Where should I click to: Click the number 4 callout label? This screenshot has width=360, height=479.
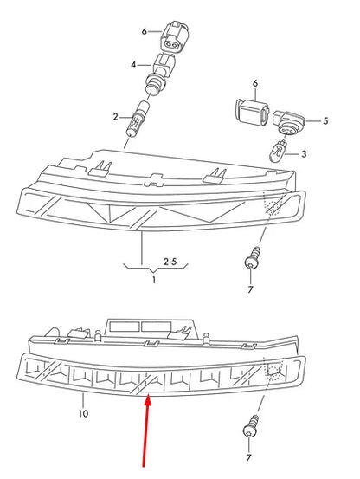coord(133,65)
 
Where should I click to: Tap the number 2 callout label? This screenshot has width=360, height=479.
coord(114,116)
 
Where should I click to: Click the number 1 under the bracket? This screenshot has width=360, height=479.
coord(154,281)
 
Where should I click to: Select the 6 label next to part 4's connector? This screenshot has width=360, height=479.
coord(145,31)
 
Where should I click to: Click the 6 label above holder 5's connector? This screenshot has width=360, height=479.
coord(255,83)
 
